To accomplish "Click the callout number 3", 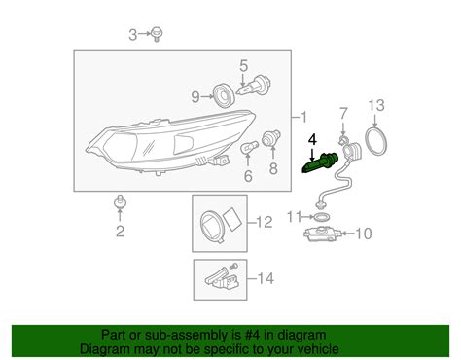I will click(x=133, y=36).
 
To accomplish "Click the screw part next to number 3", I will click(x=156, y=36).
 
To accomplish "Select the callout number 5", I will click(x=244, y=66).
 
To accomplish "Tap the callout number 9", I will click(x=195, y=96).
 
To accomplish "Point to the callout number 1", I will click(x=308, y=116).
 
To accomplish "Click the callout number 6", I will click(x=248, y=176).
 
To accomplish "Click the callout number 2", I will click(x=120, y=231).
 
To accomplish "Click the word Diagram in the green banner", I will click(x=107, y=349).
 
